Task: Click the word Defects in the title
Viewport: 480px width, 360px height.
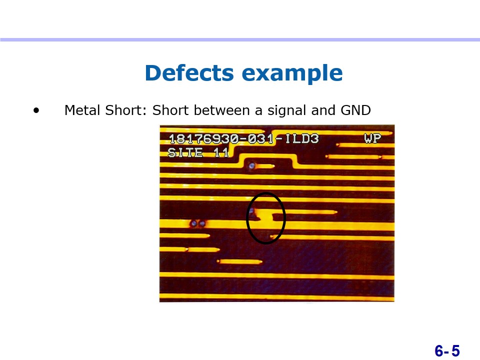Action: (x=189, y=72)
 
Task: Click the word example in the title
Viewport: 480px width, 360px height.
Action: (x=292, y=73)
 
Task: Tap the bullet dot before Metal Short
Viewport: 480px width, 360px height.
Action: (x=36, y=110)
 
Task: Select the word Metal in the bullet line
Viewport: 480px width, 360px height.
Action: (x=82, y=110)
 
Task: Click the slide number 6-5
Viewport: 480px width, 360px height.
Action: (x=447, y=350)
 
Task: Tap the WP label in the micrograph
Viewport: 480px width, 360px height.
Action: (x=372, y=138)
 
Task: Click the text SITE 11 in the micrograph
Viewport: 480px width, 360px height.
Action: (x=198, y=152)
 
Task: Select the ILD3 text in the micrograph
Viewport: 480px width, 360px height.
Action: (x=302, y=138)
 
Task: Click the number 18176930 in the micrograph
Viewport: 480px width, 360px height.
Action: (x=204, y=139)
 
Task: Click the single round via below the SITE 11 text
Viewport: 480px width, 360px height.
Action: (x=251, y=166)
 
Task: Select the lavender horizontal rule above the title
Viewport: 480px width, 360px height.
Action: (x=240, y=40)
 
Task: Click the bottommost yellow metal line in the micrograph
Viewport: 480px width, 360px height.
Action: (x=276, y=296)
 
